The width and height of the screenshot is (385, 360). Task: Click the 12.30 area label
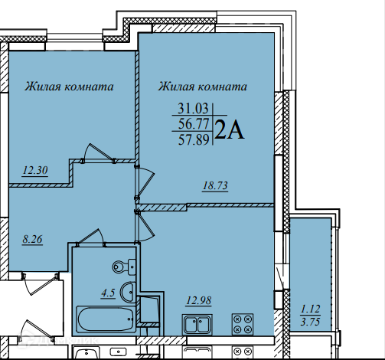35,170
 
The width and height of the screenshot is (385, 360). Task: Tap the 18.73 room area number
215,185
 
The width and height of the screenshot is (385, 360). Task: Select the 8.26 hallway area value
32,240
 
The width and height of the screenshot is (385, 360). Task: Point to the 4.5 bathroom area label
108,293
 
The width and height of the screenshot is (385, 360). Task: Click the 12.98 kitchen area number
199,300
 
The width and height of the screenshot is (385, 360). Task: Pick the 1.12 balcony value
311,309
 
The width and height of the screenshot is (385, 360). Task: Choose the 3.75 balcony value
310,322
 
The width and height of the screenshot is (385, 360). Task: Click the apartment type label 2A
230,130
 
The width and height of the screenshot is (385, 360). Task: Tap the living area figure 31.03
193,108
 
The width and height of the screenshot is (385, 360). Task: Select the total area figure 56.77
194,124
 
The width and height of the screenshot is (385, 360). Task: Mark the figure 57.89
194,139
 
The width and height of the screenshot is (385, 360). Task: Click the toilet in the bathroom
124,267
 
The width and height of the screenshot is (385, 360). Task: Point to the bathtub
106,319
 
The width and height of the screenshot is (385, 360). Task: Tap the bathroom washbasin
128,292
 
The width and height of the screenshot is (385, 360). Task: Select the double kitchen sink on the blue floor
197,325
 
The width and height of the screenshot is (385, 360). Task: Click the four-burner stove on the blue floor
243,324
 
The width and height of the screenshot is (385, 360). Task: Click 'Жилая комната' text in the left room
69,87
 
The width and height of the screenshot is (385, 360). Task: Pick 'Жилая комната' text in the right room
203,87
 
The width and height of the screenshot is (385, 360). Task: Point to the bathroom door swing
91,237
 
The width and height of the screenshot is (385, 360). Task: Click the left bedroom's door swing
99,152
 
